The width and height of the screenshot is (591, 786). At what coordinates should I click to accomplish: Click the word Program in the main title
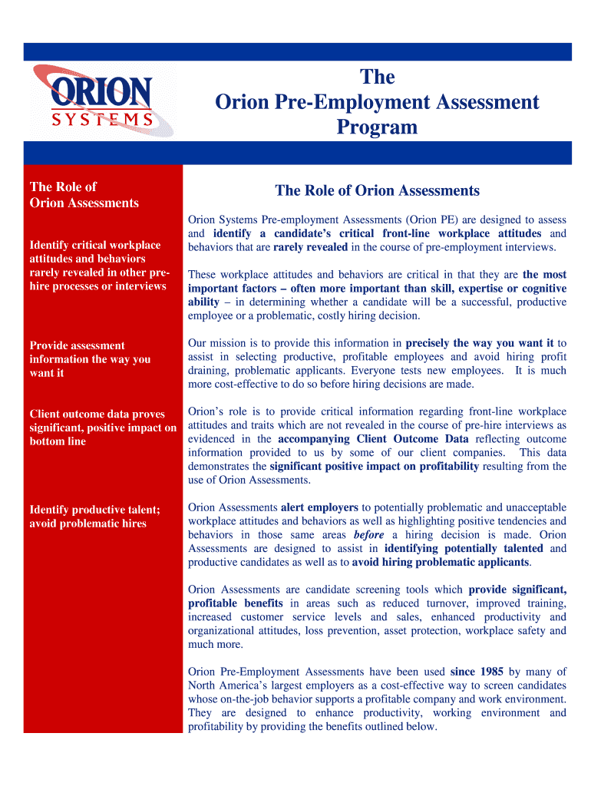point(377,127)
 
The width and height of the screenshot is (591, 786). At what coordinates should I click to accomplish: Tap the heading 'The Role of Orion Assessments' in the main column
point(377,190)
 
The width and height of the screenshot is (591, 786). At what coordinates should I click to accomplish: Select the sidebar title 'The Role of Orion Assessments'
point(84,195)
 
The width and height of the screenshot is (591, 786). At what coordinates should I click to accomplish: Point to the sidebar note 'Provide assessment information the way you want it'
point(90,359)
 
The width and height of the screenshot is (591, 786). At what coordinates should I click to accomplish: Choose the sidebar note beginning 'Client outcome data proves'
point(103,428)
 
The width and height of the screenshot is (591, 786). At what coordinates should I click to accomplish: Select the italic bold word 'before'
point(368,535)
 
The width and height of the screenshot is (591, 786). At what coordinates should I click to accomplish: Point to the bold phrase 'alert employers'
point(319,507)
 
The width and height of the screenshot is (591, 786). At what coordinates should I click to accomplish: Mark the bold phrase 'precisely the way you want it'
point(480,343)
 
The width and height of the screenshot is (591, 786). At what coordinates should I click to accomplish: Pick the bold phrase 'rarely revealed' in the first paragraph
point(311,247)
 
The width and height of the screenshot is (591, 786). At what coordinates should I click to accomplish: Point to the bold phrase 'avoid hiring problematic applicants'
point(441,562)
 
